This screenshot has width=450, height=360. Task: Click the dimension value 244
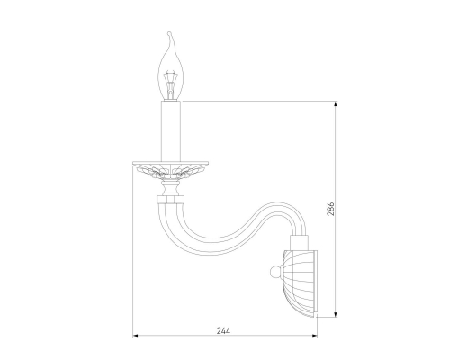[x=223, y=330]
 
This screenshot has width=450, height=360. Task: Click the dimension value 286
[x=330, y=209]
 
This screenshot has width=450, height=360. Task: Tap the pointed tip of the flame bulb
[x=170, y=32]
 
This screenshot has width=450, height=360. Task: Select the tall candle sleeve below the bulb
[x=171, y=131]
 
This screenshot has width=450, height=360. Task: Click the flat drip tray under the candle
[x=171, y=164]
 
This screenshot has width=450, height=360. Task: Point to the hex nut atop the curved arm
[x=170, y=200]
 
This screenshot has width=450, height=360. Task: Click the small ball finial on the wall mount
[x=274, y=273]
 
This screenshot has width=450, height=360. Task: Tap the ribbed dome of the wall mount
[x=298, y=283]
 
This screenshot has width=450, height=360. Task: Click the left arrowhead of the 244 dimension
[x=135, y=335]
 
